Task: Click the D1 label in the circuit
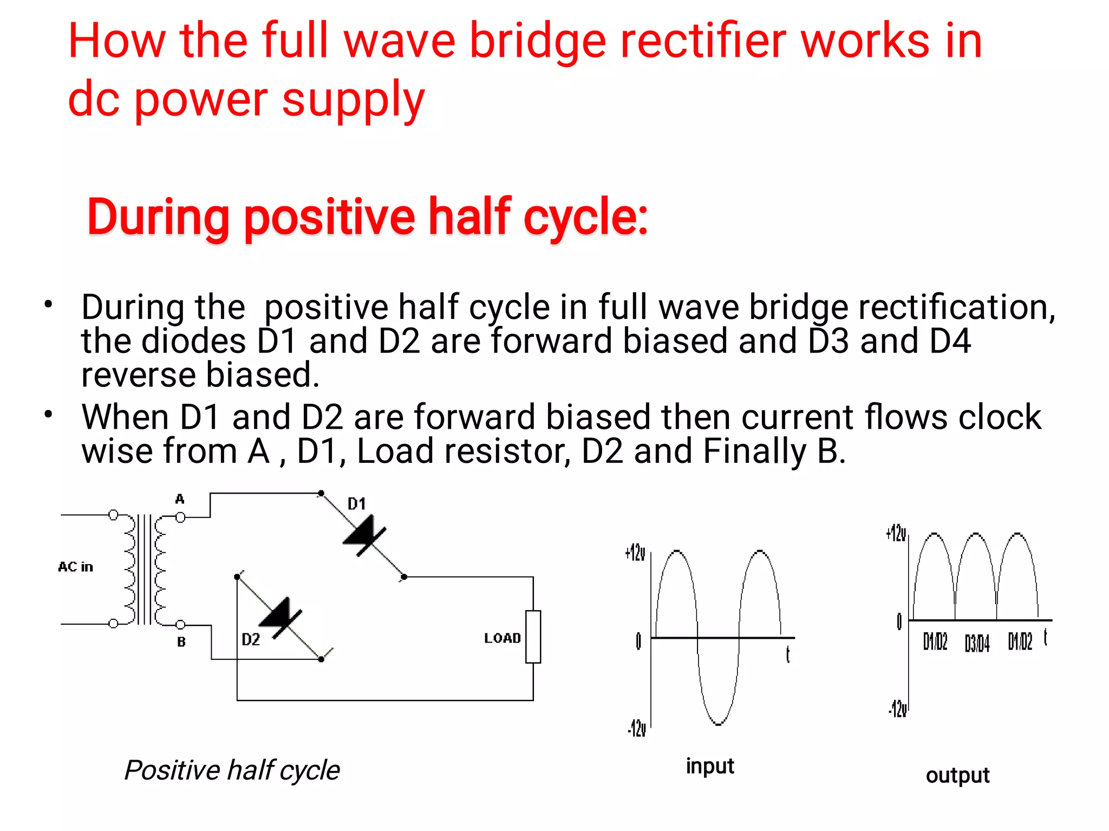tap(356, 504)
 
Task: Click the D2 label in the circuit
tap(251, 639)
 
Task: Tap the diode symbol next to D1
tap(365, 535)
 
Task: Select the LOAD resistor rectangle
tap(533, 637)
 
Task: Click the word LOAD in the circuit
tap(502, 638)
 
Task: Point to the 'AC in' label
tap(76, 567)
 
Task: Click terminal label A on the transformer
tap(180, 499)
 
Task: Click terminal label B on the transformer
tap(181, 642)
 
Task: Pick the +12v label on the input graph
tap(635, 553)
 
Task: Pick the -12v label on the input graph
tap(637, 729)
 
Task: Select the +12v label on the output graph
tap(896, 533)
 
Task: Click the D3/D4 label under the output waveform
tap(977, 643)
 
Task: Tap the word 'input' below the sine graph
tap(709, 766)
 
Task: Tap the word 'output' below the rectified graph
tap(957, 775)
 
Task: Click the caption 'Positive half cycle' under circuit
tap(232, 770)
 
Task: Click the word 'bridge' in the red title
tap(537, 42)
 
